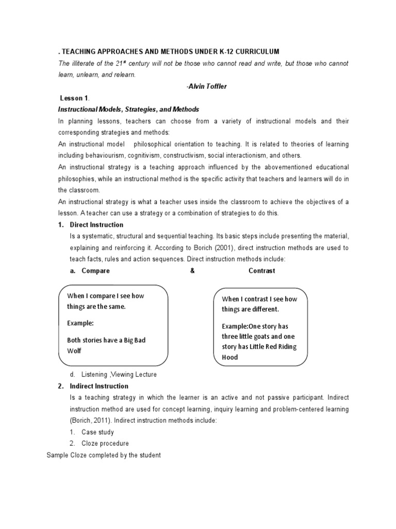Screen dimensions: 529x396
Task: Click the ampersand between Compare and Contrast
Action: point(192,271)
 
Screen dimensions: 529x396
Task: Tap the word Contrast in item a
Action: point(262,271)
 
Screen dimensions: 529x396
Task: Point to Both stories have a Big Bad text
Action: point(110,340)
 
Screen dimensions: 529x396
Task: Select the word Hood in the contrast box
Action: point(230,357)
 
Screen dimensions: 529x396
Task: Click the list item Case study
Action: point(98,432)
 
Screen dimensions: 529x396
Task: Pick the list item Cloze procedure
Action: point(105,443)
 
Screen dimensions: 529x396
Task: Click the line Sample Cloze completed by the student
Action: point(104,455)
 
